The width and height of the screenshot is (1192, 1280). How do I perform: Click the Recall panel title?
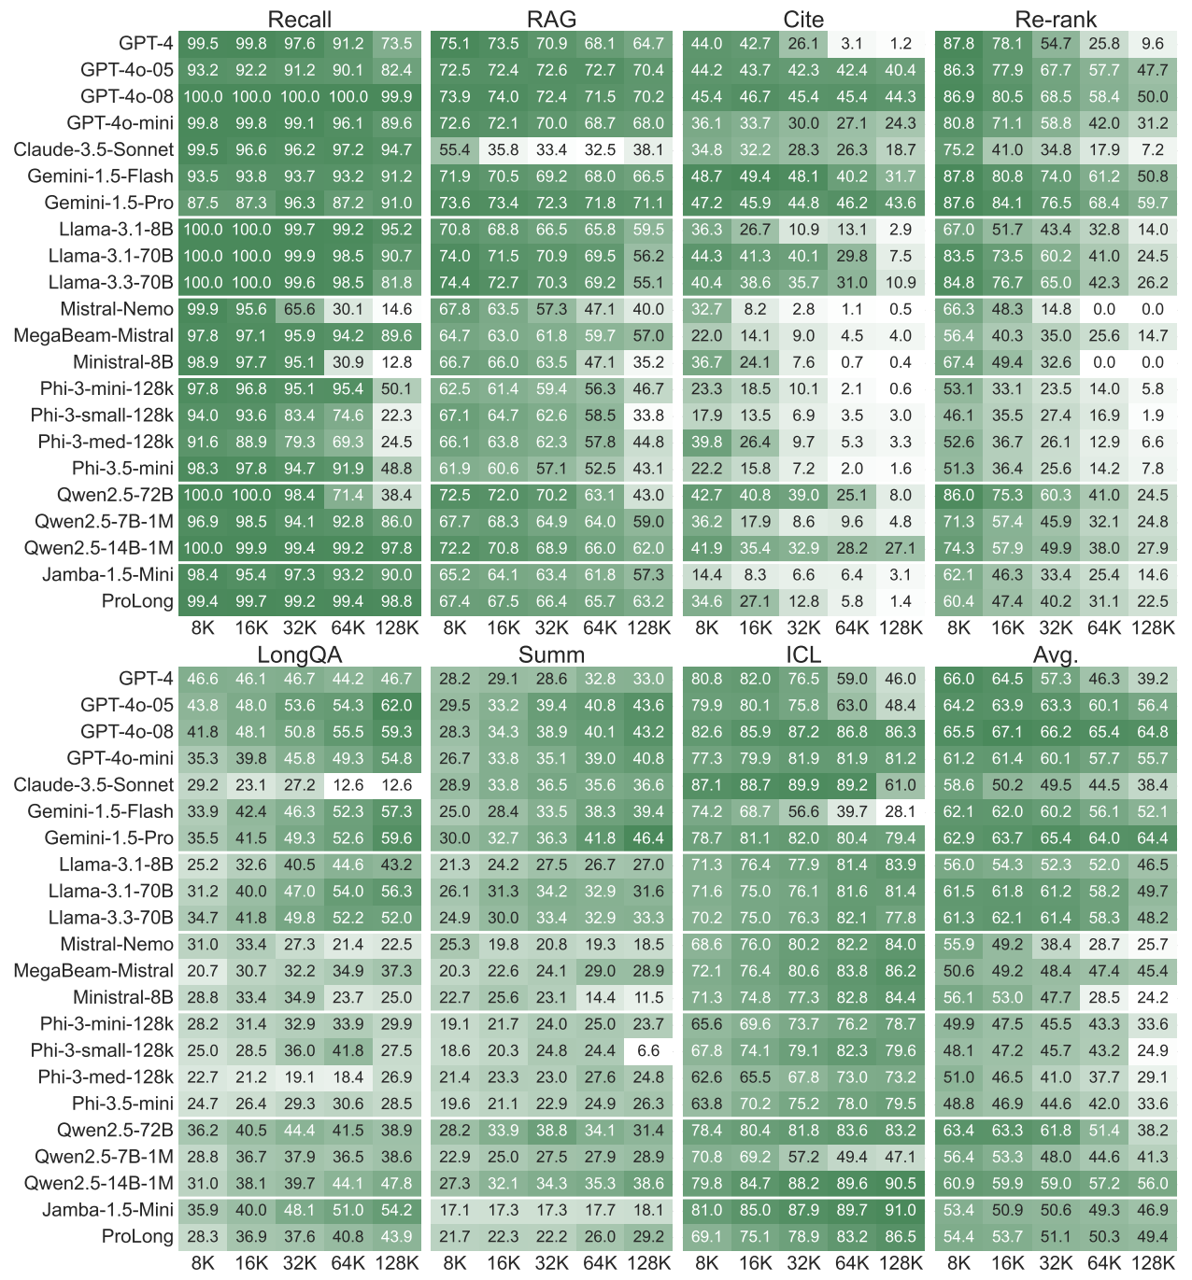299,20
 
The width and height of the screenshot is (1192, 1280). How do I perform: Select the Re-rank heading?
1056,20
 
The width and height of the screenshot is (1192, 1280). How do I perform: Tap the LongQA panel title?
299,654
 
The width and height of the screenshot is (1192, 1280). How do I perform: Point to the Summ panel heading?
551,654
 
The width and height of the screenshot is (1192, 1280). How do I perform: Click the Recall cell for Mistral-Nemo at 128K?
397,309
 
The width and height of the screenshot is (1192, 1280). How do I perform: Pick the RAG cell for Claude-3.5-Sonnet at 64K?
600,150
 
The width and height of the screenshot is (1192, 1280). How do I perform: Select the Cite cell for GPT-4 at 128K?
901,44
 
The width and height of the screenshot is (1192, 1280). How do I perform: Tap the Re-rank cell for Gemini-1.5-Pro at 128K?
1153,203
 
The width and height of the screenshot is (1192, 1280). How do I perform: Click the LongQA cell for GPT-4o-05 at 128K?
397,705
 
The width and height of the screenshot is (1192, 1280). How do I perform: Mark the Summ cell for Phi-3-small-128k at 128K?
648,1050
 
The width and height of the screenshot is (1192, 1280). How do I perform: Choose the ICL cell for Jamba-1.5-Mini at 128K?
901,1210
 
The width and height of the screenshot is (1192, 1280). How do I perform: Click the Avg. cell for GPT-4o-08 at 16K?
1008,732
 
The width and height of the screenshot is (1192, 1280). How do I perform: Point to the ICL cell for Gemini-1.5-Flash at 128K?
901,811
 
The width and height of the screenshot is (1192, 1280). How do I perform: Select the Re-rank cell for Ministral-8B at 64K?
1104,362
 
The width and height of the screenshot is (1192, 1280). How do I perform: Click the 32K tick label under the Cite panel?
803,627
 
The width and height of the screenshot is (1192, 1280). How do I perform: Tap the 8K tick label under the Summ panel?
455,1263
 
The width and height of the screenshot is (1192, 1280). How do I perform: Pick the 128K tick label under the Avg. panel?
1153,1263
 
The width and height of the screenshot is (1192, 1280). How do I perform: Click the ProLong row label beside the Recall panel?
137,601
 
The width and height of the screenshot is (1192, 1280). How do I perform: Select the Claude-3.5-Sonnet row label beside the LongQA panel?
93,785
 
